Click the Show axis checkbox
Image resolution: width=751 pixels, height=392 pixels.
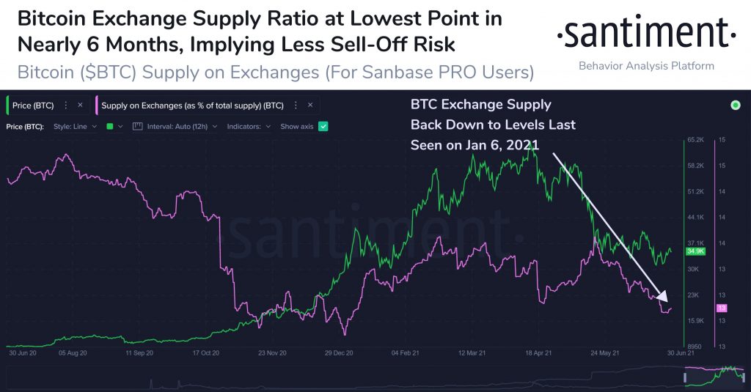[x=323, y=127]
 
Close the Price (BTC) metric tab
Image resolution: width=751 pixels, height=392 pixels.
[x=80, y=106]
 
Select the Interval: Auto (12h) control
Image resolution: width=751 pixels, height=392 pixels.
[x=176, y=127]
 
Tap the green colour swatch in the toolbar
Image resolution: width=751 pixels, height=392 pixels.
[x=110, y=127]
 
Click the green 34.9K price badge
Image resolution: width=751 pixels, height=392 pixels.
[x=695, y=251]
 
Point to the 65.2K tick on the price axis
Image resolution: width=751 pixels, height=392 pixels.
[x=695, y=139]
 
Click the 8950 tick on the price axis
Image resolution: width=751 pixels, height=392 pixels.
[x=695, y=347]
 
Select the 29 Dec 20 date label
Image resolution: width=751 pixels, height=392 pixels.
[x=340, y=352]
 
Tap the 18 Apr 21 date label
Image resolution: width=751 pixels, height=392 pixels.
[x=540, y=352]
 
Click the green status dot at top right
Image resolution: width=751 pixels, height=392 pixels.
[x=736, y=106]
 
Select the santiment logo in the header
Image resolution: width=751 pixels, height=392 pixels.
[x=645, y=34]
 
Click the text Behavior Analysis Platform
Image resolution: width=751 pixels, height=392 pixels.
[x=646, y=66]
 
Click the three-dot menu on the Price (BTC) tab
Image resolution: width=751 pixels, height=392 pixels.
[x=66, y=106]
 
